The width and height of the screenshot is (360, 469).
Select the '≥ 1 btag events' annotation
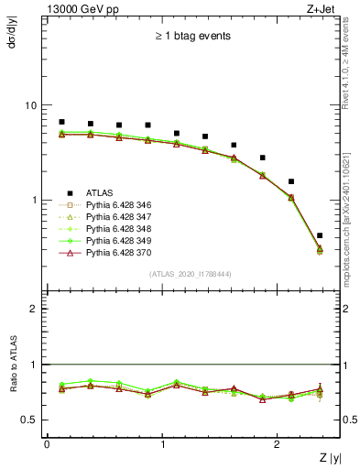(x=192, y=37)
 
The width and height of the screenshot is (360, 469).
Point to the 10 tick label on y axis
(x=30, y=105)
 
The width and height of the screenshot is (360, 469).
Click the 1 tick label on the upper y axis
(x=34, y=200)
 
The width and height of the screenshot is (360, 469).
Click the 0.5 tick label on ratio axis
(x=30, y=420)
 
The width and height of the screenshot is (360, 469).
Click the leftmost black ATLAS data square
(x=61, y=122)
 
